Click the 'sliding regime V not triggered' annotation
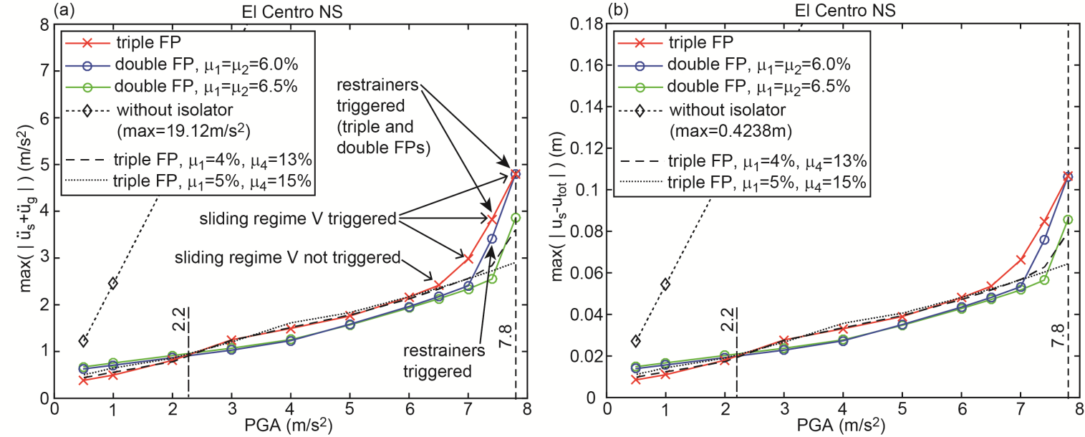289,257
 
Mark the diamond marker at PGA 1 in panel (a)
113,283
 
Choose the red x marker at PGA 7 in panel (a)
468,258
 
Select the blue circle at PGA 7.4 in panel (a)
492,239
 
